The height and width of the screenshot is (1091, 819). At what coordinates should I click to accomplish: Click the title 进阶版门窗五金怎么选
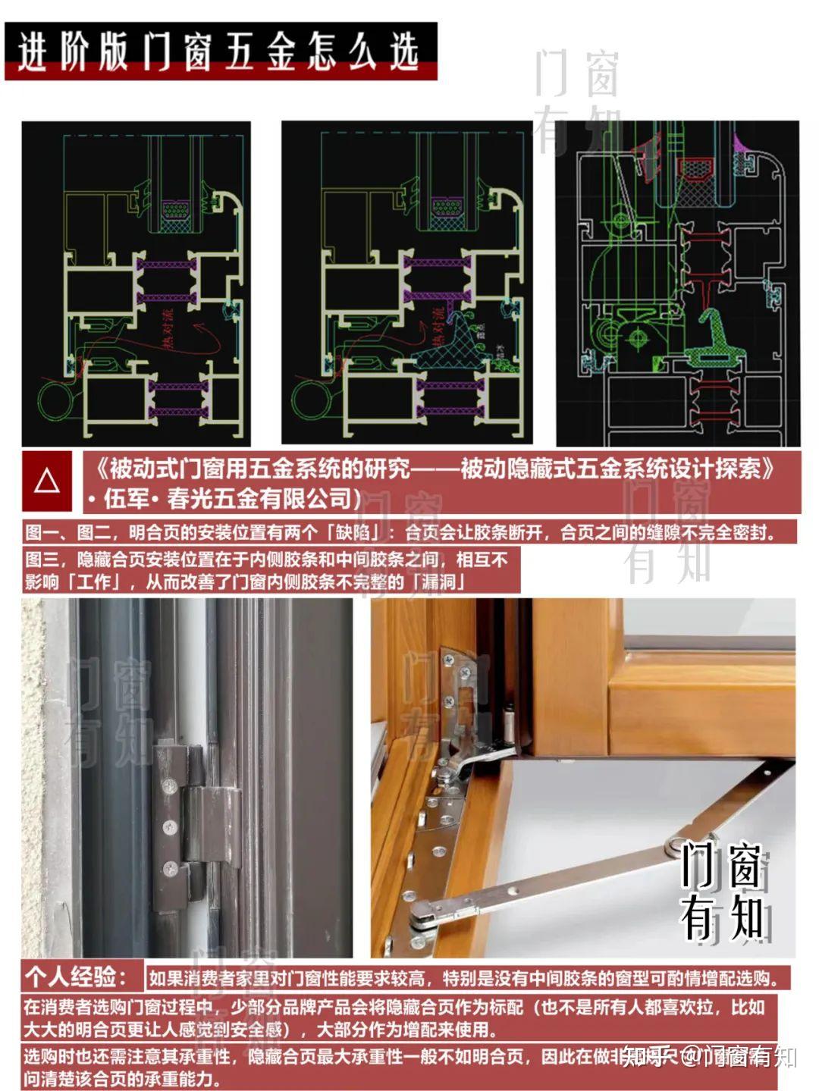(x=220, y=52)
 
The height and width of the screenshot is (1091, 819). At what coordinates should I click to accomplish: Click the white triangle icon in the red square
(x=47, y=481)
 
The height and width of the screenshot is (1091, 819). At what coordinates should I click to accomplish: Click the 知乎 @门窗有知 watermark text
(x=710, y=1055)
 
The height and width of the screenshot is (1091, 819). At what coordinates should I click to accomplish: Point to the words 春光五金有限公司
(x=262, y=499)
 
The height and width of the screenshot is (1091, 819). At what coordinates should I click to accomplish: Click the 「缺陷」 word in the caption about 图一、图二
(x=352, y=532)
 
